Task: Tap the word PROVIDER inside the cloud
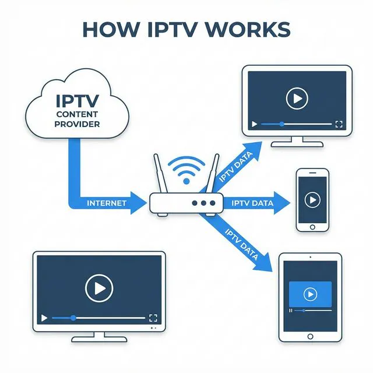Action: tap(77, 124)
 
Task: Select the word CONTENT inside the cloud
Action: tap(77, 115)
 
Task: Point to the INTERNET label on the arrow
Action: tap(106, 203)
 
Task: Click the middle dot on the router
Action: tap(202, 203)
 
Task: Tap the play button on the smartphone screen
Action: tap(312, 200)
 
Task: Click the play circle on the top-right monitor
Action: tap(297, 98)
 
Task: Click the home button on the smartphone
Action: tap(312, 227)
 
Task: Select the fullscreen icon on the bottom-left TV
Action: tap(153, 318)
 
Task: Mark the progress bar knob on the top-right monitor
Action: tap(282, 124)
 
